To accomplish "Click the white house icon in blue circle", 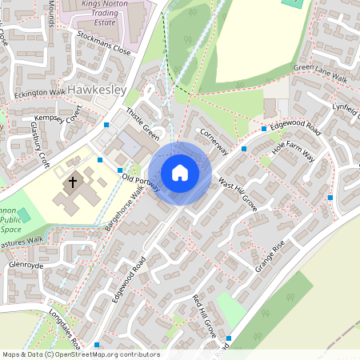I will coord(180,173).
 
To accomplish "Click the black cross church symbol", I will coord(73,182).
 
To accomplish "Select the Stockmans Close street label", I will coord(104,43).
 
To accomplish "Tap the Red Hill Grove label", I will coord(205,315).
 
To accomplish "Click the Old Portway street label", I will coord(139,181).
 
